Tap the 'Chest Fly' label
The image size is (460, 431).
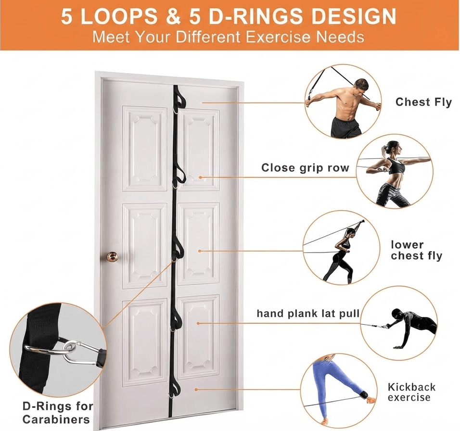click(423, 102)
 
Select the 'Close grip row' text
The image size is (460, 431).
click(305, 168)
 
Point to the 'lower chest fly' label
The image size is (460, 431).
click(416, 250)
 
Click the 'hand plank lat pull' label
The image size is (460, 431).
click(308, 314)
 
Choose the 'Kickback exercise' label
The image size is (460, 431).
click(411, 392)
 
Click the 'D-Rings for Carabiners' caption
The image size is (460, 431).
click(58, 413)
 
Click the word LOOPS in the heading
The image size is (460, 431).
click(118, 16)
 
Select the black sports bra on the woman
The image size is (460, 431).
click(396, 166)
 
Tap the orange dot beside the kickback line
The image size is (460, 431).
click(196, 389)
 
